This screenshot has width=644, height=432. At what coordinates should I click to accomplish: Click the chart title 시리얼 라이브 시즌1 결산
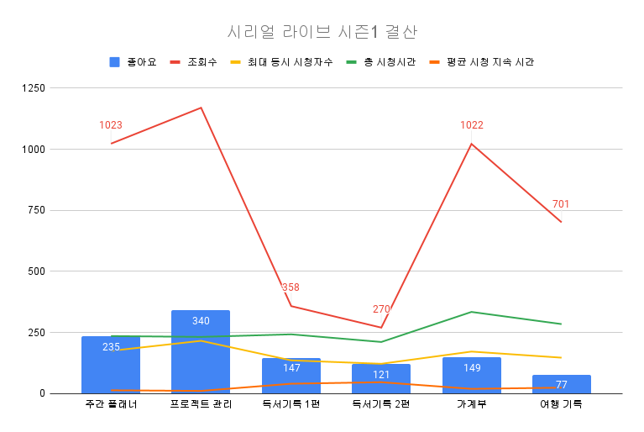click(322, 32)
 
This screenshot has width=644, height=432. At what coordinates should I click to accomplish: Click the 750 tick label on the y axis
click(37, 210)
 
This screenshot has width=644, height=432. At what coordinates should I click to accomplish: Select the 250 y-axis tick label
click(37, 332)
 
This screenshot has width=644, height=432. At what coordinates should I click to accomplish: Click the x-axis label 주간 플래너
click(111, 404)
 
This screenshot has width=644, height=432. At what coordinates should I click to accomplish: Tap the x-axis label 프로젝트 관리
click(201, 404)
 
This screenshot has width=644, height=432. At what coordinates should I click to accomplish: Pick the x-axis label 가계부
click(471, 404)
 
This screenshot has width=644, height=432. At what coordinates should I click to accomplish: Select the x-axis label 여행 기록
click(561, 404)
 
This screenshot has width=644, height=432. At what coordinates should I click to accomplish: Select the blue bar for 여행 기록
click(561, 384)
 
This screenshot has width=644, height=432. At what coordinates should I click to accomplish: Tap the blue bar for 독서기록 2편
click(381, 379)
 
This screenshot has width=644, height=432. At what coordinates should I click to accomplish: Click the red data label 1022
click(471, 125)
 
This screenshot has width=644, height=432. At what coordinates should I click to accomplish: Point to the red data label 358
click(291, 287)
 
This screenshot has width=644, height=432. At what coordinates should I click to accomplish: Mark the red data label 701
click(561, 203)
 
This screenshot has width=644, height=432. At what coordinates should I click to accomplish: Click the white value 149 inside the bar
click(471, 367)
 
